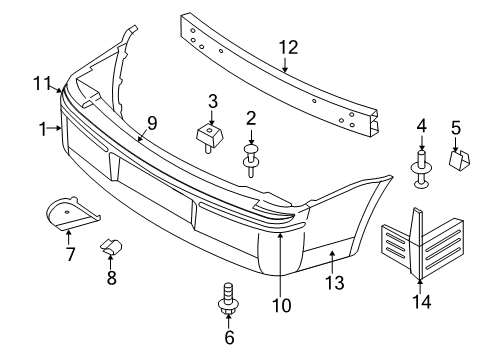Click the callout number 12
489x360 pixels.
pyautogui.click(x=288, y=46)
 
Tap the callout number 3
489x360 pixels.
pyautogui.click(x=213, y=101)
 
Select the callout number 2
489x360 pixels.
pyautogui.click(x=251, y=118)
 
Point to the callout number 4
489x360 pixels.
pyautogui.click(x=421, y=127)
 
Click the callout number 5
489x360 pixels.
pyautogui.click(x=456, y=127)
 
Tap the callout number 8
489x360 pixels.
pyautogui.click(x=111, y=279)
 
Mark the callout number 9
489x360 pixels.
pyautogui.click(x=152, y=123)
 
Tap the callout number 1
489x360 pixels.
pyautogui.click(x=43, y=129)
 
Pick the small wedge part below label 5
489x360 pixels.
pyautogui.click(x=461, y=158)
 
